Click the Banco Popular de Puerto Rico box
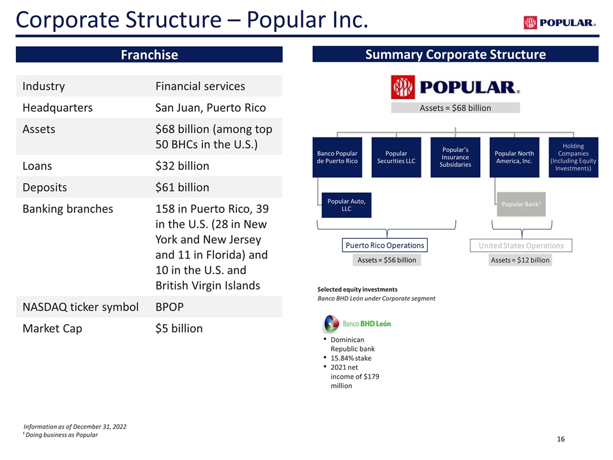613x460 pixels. pyautogui.click(x=337, y=157)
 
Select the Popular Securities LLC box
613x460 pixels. pyautogui.click(x=396, y=157)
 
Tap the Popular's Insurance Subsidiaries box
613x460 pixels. pyautogui.click(x=455, y=157)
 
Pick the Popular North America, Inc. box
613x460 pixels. pyautogui.click(x=514, y=157)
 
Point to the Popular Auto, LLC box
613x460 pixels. pyautogui.click(x=346, y=204)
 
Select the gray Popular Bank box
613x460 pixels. pyautogui.click(x=521, y=204)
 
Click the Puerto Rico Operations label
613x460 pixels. pyautogui.click(x=384, y=245)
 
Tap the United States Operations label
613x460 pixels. pyautogui.click(x=521, y=245)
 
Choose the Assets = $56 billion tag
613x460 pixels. pyautogui.click(x=386, y=260)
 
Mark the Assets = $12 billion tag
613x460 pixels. pyautogui.click(x=520, y=260)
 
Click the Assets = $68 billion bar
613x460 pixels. pyautogui.click(x=455, y=108)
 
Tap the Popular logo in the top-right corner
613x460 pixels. pyautogui.click(x=559, y=23)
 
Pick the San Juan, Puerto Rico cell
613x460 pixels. pyautogui.click(x=211, y=108)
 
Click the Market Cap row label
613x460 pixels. pyautogui.click(x=52, y=328)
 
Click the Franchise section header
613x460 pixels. pyautogui.click(x=149, y=55)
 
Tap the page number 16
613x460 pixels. pyautogui.click(x=561, y=440)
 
